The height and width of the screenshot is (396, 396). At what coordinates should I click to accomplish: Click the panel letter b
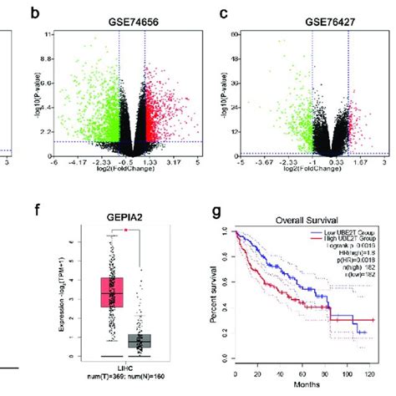[x=33, y=13]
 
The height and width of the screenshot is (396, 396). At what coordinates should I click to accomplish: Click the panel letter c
[x=223, y=13]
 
